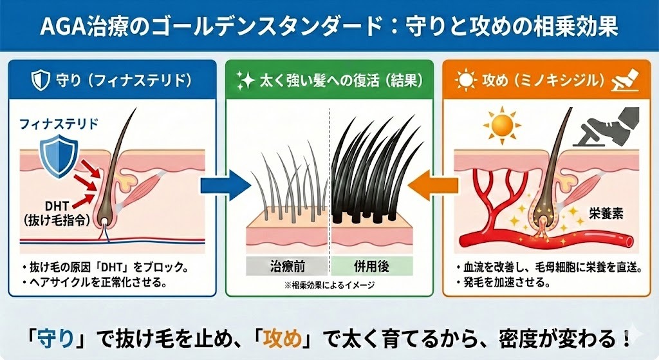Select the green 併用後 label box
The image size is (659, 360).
coord(372,265)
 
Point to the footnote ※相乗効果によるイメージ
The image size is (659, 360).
coord(329,284)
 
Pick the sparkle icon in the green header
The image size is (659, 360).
coord(245,81)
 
